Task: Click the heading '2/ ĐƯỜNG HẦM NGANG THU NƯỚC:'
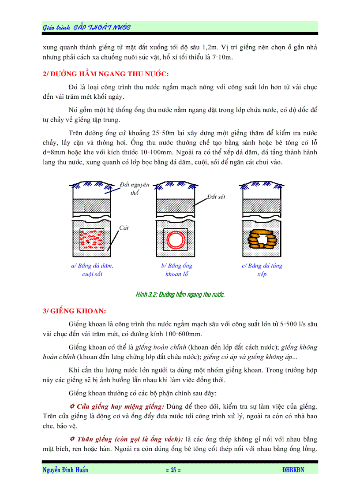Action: tap(106, 74)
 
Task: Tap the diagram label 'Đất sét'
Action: tap(216, 197)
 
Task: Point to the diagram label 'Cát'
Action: tap(124, 228)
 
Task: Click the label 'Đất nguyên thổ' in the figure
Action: tap(135, 188)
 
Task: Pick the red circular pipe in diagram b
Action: tap(176, 239)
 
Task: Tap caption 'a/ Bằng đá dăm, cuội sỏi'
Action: tap(92, 270)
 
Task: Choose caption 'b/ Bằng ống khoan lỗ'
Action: tap(176, 270)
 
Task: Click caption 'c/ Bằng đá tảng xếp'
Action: tap(262, 270)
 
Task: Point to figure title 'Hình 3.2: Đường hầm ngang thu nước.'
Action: tap(180, 294)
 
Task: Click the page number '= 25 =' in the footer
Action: tap(173, 470)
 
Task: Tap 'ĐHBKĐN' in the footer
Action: tap(293, 470)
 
